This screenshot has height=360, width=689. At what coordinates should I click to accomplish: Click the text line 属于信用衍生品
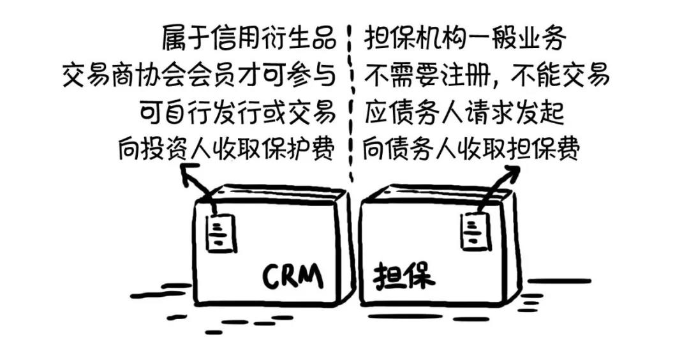249,38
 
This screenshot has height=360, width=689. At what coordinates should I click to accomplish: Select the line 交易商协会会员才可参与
198,75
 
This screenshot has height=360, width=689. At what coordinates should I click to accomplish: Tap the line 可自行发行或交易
237,113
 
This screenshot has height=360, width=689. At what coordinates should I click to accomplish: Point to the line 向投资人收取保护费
225,149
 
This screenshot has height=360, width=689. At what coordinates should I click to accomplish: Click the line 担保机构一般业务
465,38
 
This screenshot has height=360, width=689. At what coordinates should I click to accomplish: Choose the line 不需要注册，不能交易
487,75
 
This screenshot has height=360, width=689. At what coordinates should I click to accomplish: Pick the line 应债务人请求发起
464,113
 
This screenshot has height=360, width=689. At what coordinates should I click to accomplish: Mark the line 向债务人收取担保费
471,149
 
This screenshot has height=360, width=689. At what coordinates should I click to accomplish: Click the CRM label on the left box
293,276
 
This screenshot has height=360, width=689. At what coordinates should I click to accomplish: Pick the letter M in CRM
311,276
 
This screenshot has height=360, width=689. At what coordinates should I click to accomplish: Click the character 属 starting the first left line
174,38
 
